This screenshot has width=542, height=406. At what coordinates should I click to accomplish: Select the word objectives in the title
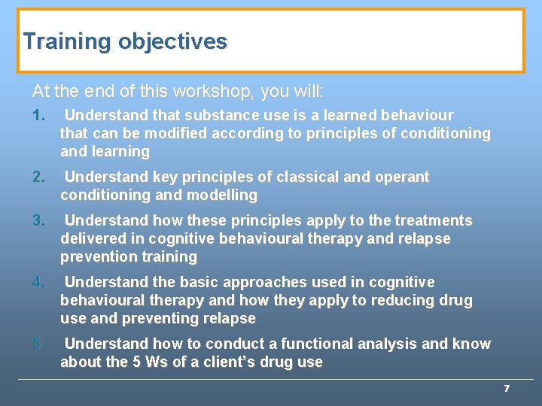[172, 41]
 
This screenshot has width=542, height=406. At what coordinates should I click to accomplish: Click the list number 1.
[39, 116]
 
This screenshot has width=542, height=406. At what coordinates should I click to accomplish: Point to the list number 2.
[39, 177]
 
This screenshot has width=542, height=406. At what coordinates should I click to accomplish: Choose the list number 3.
[39, 221]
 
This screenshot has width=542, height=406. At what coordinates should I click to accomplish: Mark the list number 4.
[39, 283]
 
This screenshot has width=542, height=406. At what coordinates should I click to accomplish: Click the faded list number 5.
[39, 344]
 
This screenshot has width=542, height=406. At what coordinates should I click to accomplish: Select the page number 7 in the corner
[507, 389]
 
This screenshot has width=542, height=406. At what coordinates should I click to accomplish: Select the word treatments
[433, 221]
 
